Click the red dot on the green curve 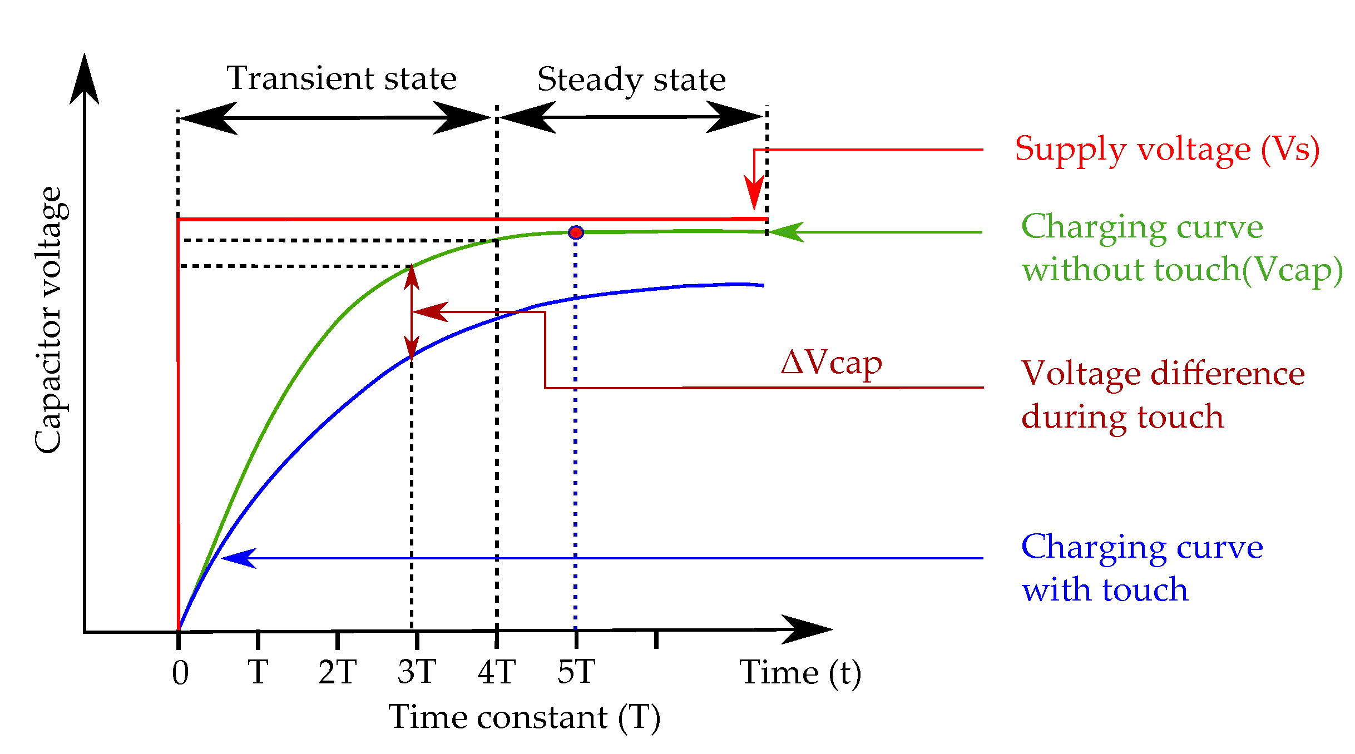[x=576, y=232]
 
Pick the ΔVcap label [x=831, y=363]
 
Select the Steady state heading [x=631, y=79]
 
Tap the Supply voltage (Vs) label [x=1167, y=149]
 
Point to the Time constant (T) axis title [x=525, y=717]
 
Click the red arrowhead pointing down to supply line [x=754, y=194]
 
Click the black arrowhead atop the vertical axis [x=85, y=78]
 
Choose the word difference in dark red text [x=1228, y=373]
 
